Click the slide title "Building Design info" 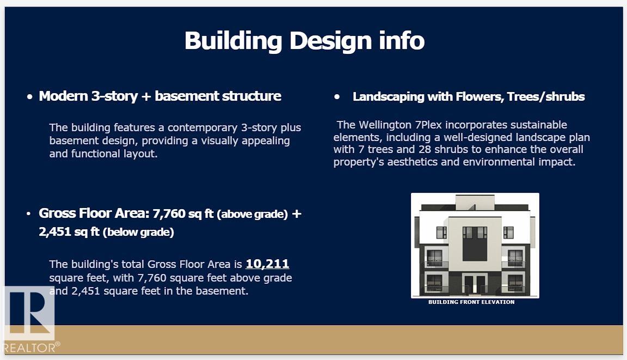click(x=304, y=41)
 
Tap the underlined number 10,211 click(x=267, y=264)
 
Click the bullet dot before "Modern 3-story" click(x=29, y=97)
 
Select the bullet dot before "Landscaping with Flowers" click(x=337, y=97)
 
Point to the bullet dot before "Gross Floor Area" click(x=28, y=214)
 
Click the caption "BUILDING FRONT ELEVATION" click(x=471, y=302)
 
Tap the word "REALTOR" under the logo click(x=29, y=347)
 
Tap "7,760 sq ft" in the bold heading click(x=183, y=213)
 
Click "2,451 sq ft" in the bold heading click(x=69, y=231)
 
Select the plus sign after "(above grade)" click(x=296, y=213)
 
